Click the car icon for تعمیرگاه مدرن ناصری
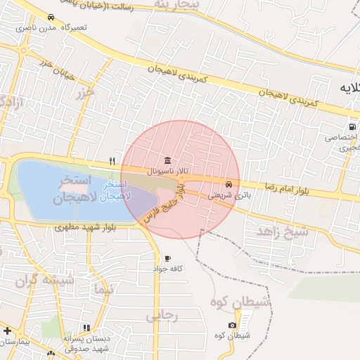pos(51,17)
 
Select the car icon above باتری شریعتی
pos(229,185)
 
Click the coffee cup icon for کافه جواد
pos(167,259)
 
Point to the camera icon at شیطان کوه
pos(232,325)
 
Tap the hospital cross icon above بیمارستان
pos(7,330)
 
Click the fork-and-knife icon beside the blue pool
pos(112,161)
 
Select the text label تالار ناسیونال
pos(164,171)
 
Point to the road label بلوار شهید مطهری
pos(83,228)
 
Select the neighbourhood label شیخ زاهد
pos(282,231)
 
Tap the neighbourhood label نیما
pos(103,289)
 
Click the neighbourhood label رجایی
pos(162,316)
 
